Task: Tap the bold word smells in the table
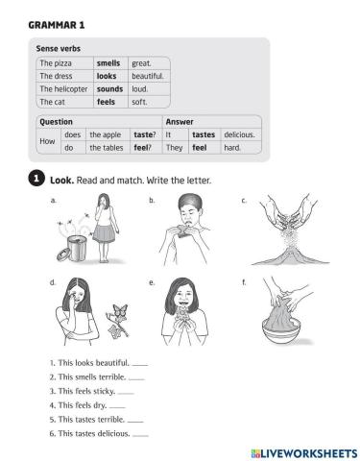coord(108,62)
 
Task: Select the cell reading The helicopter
coord(63,87)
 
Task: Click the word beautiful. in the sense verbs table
coord(148,75)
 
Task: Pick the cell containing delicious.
coord(240,135)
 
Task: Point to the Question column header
coord(56,122)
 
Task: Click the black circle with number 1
coord(36,180)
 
